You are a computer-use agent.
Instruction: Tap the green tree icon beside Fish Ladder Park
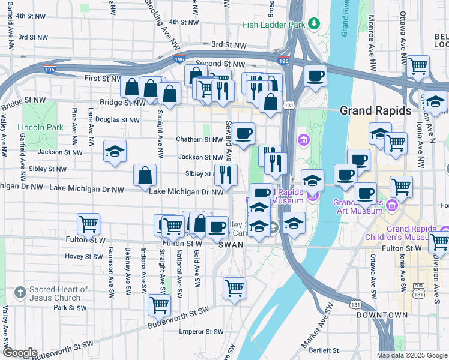pyautogui.click(x=313, y=24)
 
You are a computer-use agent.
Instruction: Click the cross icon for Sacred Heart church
pyautogui.click(x=20, y=292)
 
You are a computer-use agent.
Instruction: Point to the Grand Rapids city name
pyautogui.click(x=375, y=111)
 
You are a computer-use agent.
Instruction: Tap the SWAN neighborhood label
pyautogui.click(x=230, y=245)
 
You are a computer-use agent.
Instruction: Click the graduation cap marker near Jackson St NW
pyautogui.click(x=115, y=152)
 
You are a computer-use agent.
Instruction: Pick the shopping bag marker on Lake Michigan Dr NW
pyautogui.click(x=145, y=176)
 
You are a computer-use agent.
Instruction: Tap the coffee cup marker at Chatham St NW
pyautogui.click(x=243, y=134)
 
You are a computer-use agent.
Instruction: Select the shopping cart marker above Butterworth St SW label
pyautogui.click(x=160, y=305)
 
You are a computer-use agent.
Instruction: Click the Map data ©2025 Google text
pyautogui.click(x=411, y=355)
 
